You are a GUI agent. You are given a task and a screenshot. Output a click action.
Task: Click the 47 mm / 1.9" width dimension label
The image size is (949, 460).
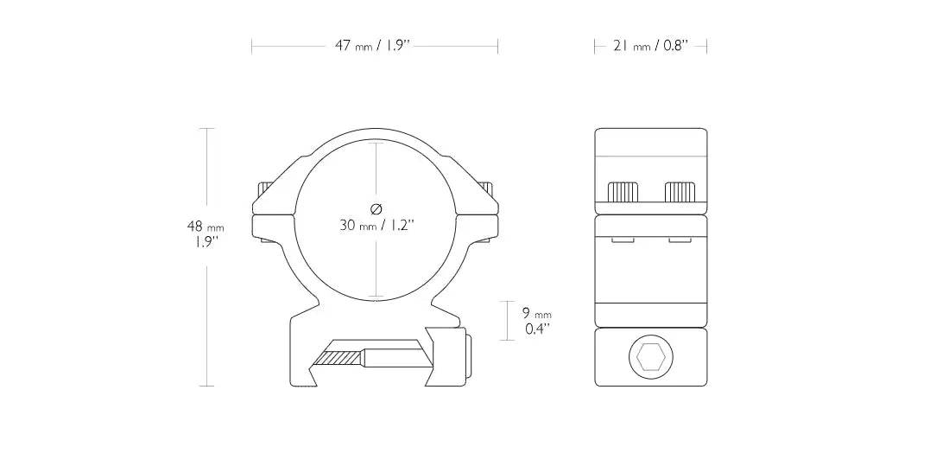[373, 46]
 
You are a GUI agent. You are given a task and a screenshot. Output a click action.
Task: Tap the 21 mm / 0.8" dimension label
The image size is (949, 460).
[651, 46]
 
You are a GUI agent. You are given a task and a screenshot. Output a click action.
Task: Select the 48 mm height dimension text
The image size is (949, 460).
[206, 227]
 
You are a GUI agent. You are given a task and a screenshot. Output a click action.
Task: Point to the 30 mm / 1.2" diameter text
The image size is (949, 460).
[376, 226]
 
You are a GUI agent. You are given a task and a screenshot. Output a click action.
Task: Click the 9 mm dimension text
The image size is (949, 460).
[537, 313]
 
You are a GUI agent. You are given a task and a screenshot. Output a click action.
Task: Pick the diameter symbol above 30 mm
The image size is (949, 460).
[376, 210]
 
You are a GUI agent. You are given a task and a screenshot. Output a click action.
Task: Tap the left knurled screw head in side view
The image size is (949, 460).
[623, 191]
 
